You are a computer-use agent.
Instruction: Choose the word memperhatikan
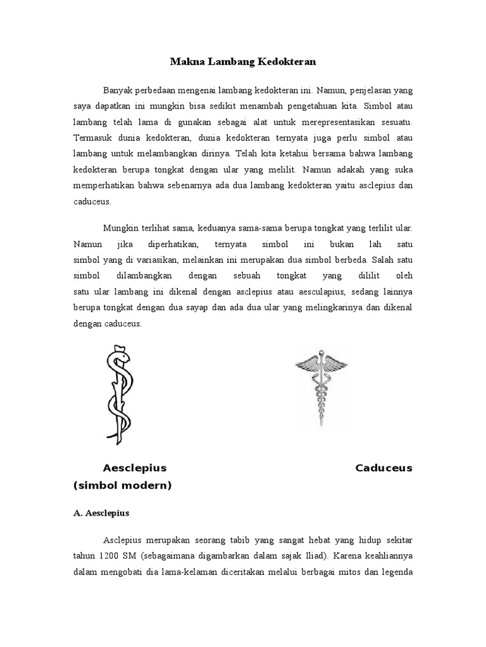(109, 186)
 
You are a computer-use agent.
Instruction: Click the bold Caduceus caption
(383, 468)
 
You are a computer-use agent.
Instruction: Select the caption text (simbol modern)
(122, 485)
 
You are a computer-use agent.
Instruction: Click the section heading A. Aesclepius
(101, 514)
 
